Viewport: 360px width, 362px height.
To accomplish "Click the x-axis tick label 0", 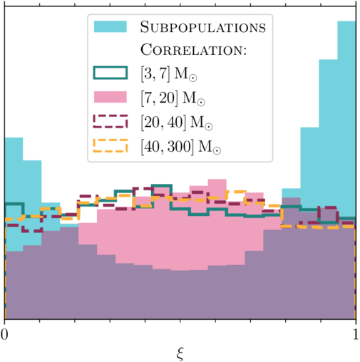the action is (x=4, y=334).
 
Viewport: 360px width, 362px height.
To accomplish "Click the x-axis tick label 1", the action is (x=356, y=334).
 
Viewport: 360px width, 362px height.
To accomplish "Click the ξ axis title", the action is (x=180, y=354).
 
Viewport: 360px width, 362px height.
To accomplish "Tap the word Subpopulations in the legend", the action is (x=203, y=27).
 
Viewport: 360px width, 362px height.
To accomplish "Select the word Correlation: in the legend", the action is (x=194, y=50).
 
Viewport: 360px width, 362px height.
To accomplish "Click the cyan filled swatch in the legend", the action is (x=110, y=26).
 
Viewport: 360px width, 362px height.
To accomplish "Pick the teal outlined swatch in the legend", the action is (x=110, y=73).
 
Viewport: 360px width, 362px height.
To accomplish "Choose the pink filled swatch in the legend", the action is (x=110, y=97).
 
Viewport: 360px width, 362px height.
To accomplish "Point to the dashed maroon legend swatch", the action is (x=110, y=121).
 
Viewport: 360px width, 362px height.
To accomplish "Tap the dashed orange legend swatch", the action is (x=110, y=145).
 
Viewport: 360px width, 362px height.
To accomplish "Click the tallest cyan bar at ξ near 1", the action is (x=346, y=119).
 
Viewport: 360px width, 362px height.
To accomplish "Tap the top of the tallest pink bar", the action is (x=217, y=180).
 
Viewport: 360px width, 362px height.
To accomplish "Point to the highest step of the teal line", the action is (x=162, y=185).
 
